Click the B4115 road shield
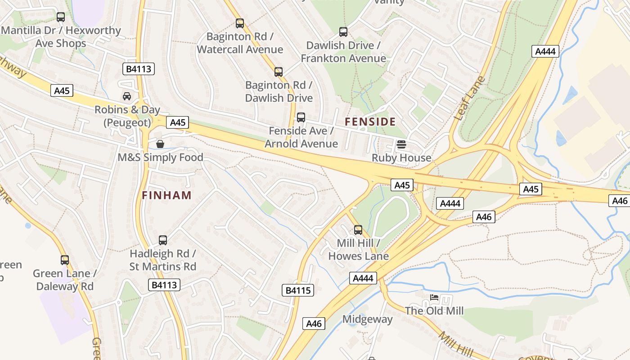coord(298,290)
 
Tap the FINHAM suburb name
coord(167,195)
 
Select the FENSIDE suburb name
coord(370,121)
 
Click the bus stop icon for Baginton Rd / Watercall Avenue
coord(240,23)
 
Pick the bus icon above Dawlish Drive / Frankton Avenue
coord(343,32)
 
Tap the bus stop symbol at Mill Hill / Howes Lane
coord(358,230)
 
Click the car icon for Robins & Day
coord(127,96)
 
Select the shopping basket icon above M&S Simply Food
coord(160,144)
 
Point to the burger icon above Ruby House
coord(401,145)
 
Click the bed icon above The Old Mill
coord(434,297)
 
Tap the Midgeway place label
coord(368,319)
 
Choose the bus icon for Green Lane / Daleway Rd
coord(65,260)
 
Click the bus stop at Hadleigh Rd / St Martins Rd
coord(163,240)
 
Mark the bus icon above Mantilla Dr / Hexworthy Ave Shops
coord(61,17)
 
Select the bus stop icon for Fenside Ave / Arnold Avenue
coord(301,117)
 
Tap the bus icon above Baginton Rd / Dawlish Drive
coord(279,72)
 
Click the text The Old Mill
coord(434,310)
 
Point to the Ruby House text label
coord(401,158)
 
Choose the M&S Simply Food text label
coord(160,157)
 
